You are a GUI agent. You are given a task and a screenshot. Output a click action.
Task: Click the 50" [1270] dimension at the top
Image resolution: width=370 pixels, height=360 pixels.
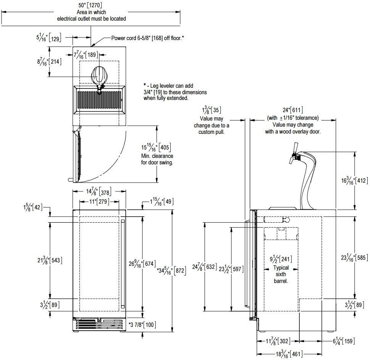point(91,5)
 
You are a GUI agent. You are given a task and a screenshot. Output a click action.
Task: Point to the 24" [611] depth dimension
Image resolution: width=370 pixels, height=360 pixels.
point(292,111)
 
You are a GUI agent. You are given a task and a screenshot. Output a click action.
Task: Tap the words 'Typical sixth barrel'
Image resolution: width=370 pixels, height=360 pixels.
point(281,274)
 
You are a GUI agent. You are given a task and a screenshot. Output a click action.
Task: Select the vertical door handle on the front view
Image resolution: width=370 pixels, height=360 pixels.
point(123,263)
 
